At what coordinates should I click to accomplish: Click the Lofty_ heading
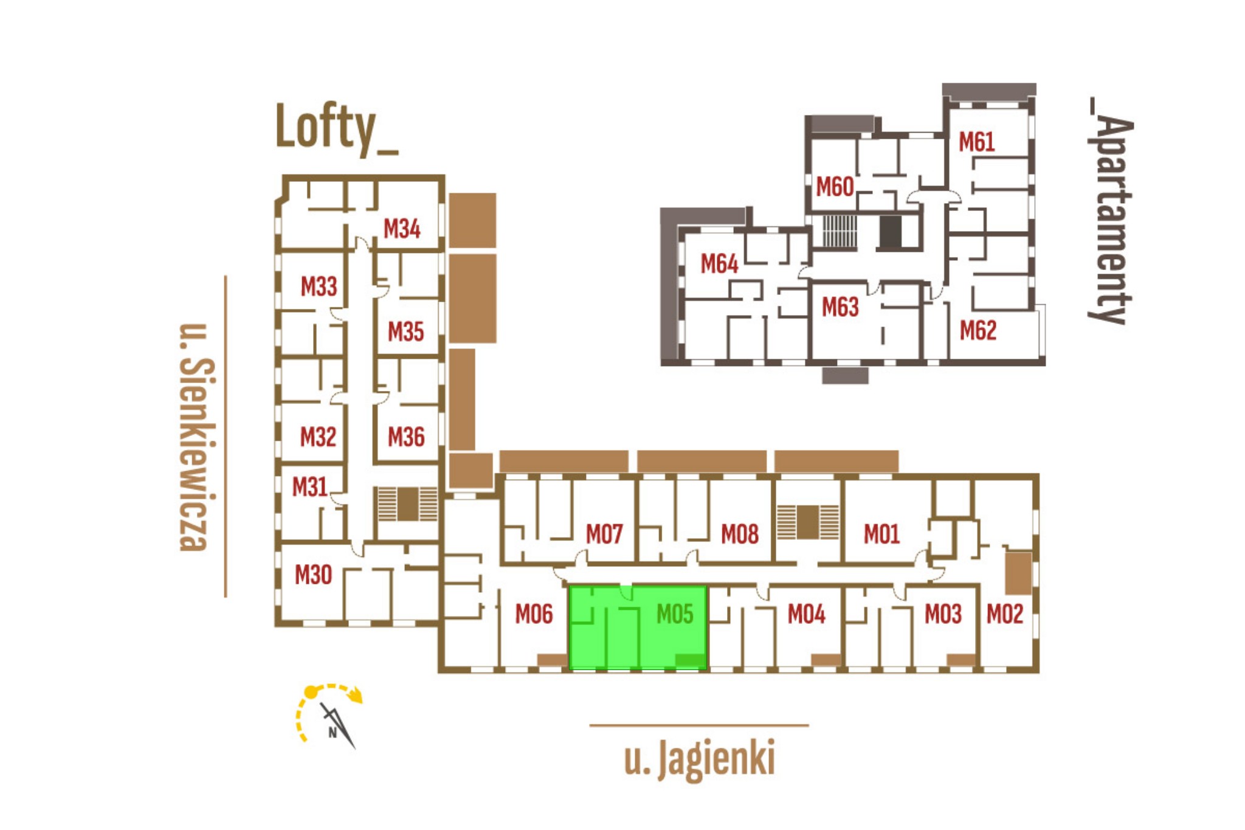pos(337,128)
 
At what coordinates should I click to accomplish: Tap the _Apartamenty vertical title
pos(1111,211)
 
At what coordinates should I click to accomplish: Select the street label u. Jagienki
pos(700,759)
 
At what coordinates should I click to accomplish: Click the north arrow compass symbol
pos(329,716)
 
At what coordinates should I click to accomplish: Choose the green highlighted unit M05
pos(638,628)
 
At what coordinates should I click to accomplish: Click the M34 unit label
pos(402,229)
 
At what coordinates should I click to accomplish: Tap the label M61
pos(977,142)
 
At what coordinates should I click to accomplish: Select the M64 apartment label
pos(719,264)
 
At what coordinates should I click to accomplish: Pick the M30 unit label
pos(313,575)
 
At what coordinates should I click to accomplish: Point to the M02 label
pos(1005,614)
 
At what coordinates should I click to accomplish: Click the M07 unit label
pos(604,534)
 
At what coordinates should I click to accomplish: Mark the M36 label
pos(406,437)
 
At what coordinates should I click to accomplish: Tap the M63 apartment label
pos(840,307)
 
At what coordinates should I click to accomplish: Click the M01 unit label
pos(881,534)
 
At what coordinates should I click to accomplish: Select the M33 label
pos(319,286)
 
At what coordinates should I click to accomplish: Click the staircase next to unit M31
pos(407,503)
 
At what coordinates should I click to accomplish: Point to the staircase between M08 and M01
pos(808,522)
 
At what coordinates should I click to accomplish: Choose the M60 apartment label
pos(835,187)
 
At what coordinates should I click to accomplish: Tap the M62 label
pos(978,331)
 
